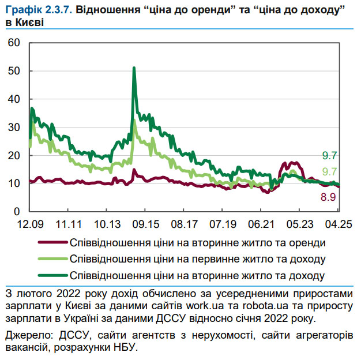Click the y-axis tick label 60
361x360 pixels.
[14, 43]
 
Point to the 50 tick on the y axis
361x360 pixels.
[14, 71]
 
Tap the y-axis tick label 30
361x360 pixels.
[14, 127]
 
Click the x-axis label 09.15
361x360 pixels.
[146, 223]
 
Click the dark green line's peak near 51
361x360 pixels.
[134, 68]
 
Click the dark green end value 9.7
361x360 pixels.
[328, 155]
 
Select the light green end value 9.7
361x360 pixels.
[328, 171]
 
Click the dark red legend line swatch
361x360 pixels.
[51, 242]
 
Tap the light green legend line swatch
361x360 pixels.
[51, 258]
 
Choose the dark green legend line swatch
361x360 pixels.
[51, 275]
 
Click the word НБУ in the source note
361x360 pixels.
[125, 348]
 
